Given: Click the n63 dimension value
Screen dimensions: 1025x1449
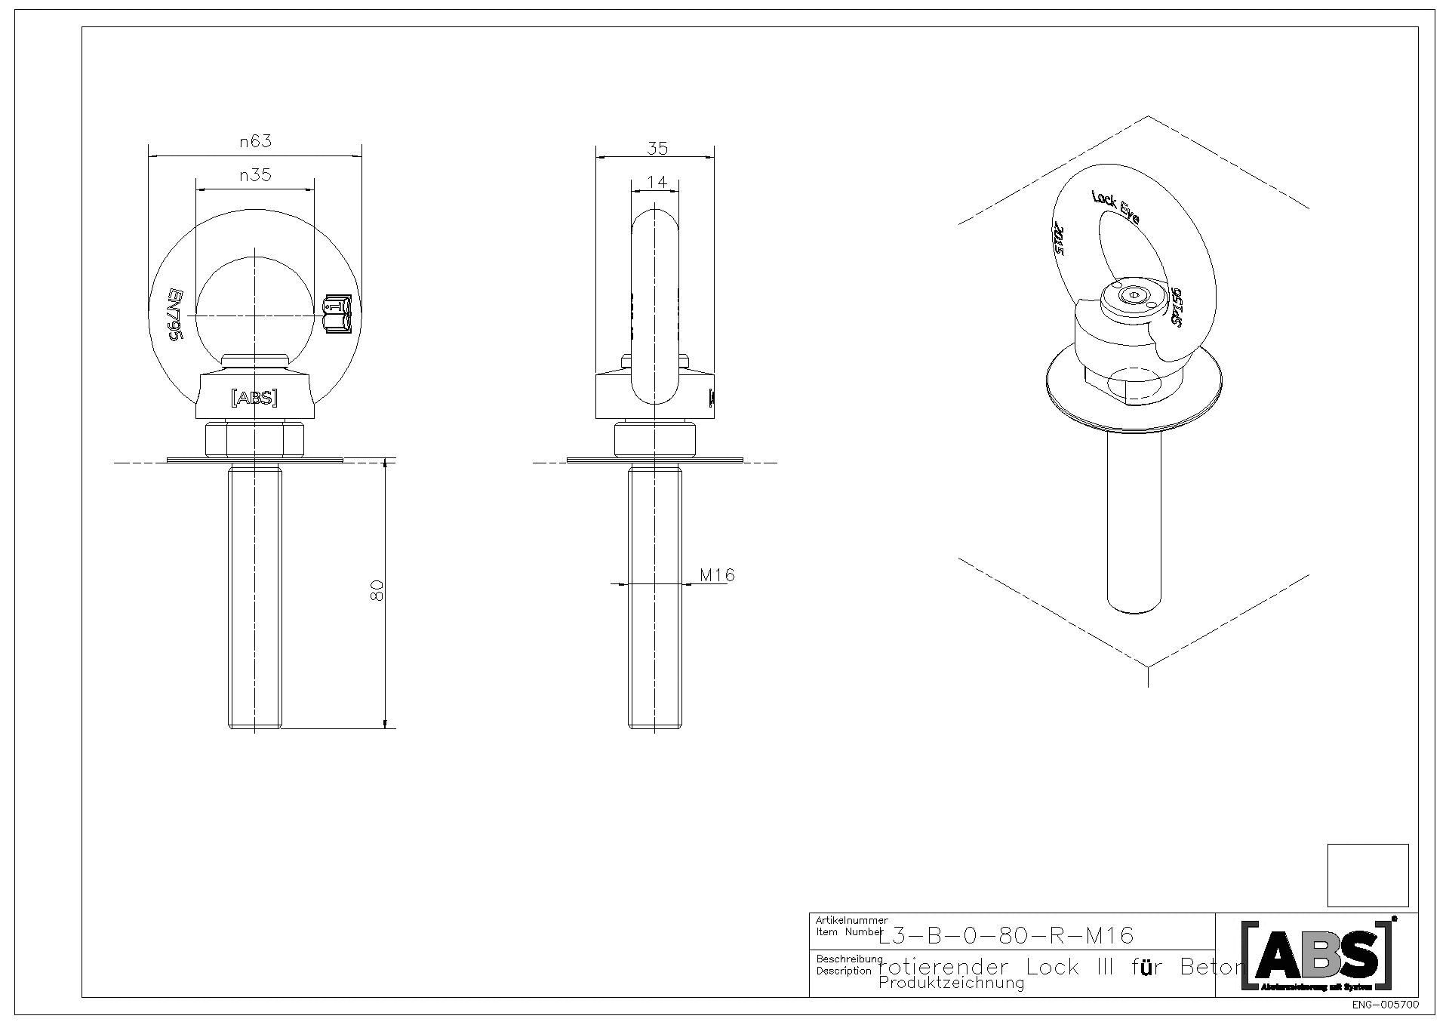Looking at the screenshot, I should click(x=255, y=141).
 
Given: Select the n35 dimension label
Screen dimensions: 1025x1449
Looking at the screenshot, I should click(x=255, y=175).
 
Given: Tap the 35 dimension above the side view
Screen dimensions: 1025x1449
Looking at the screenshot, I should click(x=657, y=148).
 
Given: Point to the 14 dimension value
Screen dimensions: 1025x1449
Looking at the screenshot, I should click(x=657, y=182).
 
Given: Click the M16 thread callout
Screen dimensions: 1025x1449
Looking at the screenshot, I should click(x=717, y=575).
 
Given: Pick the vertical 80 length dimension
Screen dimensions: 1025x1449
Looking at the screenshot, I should click(x=378, y=590).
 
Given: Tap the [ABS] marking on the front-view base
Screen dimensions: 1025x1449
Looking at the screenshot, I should click(x=254, y=398).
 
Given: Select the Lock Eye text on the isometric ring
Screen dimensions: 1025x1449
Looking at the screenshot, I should click(x=1115, y=206).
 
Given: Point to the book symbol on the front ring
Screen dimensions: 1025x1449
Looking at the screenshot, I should click(x=337, y=314).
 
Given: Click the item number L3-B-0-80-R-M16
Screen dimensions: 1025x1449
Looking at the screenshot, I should click(x=1006, y=936).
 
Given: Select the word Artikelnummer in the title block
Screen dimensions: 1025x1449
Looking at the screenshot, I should click(x=851, y=920).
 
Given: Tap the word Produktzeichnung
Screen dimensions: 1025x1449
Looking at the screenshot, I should click(x=951, y=983).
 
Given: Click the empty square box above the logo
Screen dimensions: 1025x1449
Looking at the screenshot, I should click(x=1367, y=875).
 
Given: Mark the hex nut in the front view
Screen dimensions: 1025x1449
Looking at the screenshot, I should click(x=254, y=440).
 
